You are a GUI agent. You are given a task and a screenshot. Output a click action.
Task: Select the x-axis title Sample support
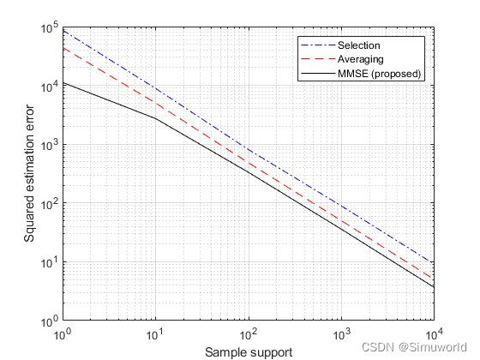(x=248, y=351)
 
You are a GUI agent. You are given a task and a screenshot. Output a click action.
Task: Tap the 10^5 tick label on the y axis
(x=49, y=28)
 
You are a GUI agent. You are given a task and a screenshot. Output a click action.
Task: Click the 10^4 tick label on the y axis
(x=49, y=87)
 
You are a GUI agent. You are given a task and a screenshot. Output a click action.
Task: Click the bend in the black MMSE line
(x=155, y=117)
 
